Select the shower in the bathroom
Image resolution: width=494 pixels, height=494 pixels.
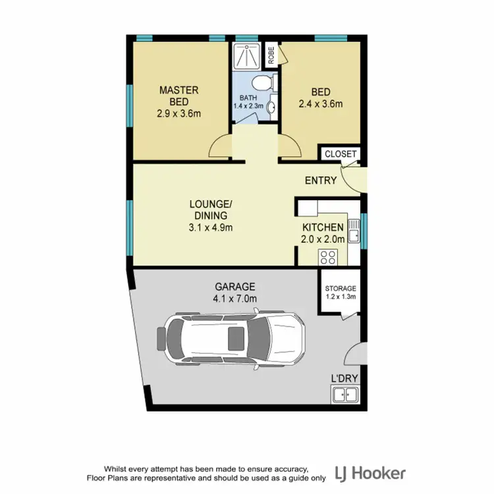(247, 57)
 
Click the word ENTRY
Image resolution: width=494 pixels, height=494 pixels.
(321, 180)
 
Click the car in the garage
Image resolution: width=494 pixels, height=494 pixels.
(231, 339)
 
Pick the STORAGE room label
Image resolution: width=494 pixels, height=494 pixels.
(341, 288)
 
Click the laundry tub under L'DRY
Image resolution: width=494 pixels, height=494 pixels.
(344, 395)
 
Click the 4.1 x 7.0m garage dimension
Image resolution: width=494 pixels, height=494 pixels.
(235, 298)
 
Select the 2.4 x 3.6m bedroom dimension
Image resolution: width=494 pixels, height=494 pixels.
(321, 103)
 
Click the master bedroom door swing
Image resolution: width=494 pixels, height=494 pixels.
(221, 146)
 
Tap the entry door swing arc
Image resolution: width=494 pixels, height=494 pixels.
(354, 178)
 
